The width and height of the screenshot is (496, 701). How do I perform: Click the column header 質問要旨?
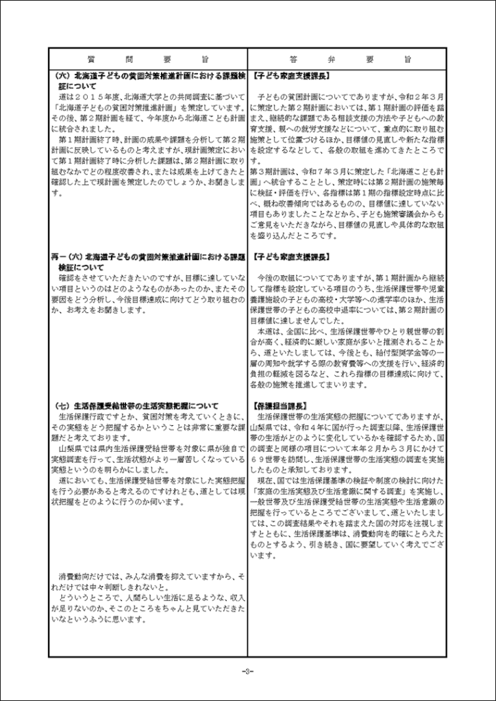point(149,59)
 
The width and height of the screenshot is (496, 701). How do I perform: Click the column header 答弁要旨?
point(347,59)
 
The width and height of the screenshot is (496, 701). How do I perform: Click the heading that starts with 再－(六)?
point(147,262)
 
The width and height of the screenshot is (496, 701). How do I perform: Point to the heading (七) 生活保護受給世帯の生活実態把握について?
point(136,405)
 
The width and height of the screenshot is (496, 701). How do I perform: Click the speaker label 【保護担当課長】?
point(279,405)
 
